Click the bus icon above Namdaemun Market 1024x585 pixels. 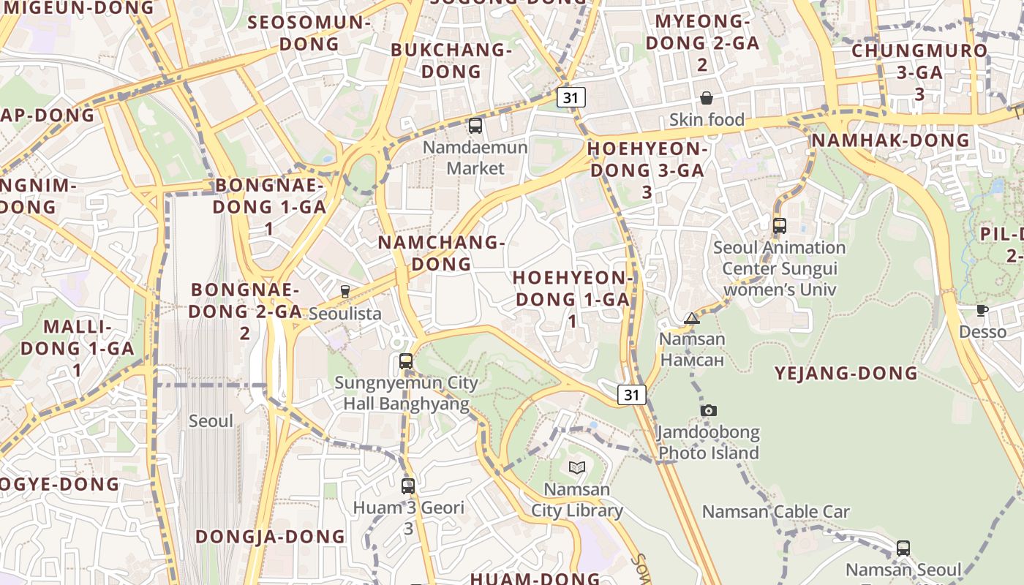(475, 126)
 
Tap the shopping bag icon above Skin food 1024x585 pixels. (707, 98)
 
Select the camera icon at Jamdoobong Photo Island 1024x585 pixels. (708, 410)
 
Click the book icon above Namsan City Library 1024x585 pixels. (577, 467)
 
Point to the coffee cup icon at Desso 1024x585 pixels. (982, 311)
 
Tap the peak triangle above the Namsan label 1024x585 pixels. (691, 318)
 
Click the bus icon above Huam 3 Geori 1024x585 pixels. (408, 486)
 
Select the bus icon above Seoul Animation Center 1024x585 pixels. (780, 225)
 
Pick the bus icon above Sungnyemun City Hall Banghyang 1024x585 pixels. (406, 361)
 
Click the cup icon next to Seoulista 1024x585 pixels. (345, 292)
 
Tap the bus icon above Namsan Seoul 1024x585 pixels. (903, 548)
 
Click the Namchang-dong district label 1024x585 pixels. (442, 253)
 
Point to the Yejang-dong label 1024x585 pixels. (846, 374)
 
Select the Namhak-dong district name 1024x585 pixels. (890, 140)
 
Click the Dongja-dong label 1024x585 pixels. (271, 537)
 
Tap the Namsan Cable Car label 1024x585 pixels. (775, 512)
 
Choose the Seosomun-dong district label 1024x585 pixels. (309, 33)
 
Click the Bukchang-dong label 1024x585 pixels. (451, 61)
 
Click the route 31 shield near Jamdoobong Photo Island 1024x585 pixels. (632, 395)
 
